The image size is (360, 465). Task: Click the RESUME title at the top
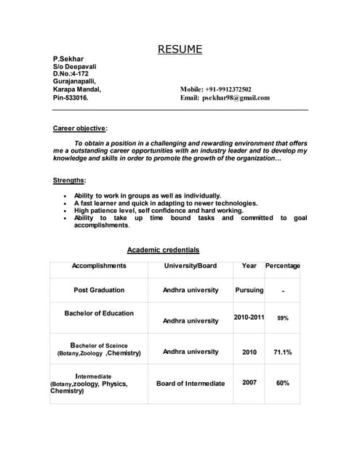coord(180,50)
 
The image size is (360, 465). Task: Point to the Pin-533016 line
coord(71,97)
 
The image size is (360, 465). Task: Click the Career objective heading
coord(80,128)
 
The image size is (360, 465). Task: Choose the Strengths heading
coord(69,180)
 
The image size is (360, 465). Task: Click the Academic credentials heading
coord(163,250)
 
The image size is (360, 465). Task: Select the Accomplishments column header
coord(99,266)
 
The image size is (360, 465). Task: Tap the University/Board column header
coord(191,266)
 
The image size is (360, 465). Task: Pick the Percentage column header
coord(282,266)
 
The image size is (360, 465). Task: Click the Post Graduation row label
coord(99,290)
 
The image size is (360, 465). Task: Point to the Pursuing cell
coord(249,290)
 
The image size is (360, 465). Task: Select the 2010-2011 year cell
coord(249,318)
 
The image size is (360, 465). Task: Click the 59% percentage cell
coord(283,318)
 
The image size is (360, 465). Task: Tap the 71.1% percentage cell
coord(283,352)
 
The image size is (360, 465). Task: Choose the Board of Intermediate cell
coord(191,383)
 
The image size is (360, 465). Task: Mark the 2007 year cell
coord(249,382)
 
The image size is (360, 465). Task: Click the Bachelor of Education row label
coord(99,313)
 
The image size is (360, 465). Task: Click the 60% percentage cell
coord(283,382)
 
